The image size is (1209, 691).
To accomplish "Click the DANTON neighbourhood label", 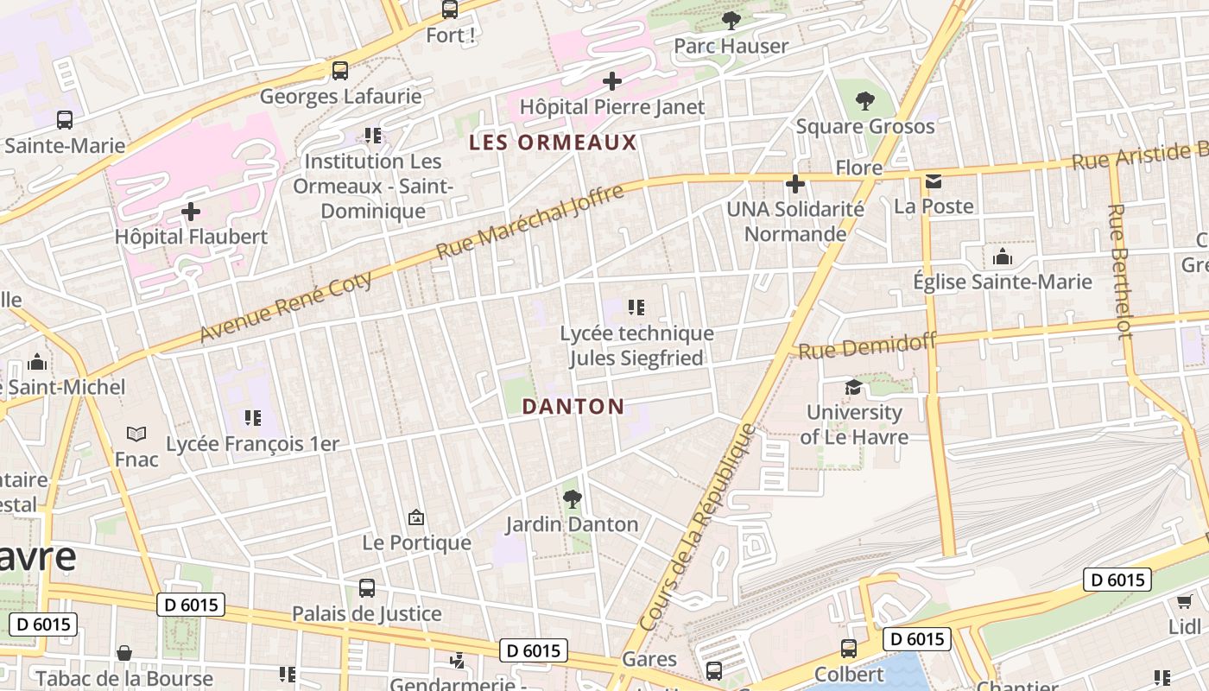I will click(x=573, y=407).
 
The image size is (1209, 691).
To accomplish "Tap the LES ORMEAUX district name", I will click(x=553, y=143).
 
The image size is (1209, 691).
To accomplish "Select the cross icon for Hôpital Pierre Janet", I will click(x=612, y=82).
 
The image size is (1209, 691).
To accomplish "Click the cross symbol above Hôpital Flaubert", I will click(x=191, y=212).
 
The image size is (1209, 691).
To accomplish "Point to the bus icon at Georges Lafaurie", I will click(x=340, y=71).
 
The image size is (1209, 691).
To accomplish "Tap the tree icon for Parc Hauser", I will click(x=731, y=21).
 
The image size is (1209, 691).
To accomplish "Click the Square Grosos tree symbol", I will click(x=864, y=101).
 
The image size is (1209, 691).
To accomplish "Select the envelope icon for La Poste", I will click(x=934, y=181).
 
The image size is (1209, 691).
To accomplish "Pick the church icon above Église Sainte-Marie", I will click(x=1003, y=257).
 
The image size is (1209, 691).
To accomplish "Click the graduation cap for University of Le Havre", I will click(x=853, y=387).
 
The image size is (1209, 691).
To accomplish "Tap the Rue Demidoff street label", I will click(x=867, y=347).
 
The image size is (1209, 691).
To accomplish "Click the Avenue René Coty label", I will click(x=287, y=307).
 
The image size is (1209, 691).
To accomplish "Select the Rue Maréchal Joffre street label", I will click(x=529, y=222).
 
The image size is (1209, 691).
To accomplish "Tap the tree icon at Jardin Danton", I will click(x=572, y=498).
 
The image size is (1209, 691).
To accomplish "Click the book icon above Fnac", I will click(x=136, y=434).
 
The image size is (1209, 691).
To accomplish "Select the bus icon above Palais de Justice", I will click(x=367, y=588).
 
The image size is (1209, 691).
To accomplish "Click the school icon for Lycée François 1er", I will click(x=252, y=418).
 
